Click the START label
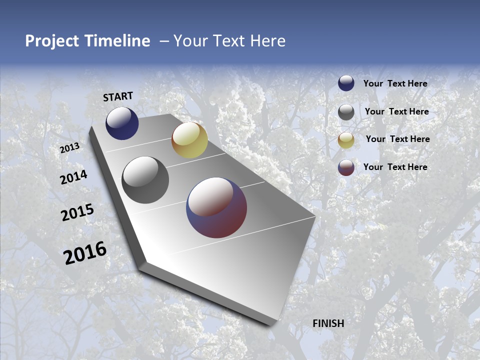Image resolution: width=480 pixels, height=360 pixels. coord(118,96)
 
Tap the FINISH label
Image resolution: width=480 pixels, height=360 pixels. coord(328,323)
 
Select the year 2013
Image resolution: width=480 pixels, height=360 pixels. coord(69,147)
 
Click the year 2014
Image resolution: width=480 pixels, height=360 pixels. coord(73,177)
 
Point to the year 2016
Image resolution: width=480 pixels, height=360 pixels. coord(85,253)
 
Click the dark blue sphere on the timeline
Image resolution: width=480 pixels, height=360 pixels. coord(122,123)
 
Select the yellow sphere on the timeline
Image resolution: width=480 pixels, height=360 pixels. coord(189,140)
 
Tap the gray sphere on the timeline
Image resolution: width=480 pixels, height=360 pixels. coord(145,180)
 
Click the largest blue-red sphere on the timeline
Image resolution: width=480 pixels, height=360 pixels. coord(216,208)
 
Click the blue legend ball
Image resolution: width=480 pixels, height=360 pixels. coord(346,83)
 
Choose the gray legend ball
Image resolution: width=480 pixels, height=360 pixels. coord(346,111)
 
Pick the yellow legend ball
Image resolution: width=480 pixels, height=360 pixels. coord(346,139)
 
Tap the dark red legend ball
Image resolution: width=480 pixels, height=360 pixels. coord(346,167)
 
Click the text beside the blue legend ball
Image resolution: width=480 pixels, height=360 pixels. coord(395,83)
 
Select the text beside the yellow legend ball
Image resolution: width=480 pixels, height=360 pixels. coord(397,139)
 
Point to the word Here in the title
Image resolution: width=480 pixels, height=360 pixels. coord(267,41)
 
